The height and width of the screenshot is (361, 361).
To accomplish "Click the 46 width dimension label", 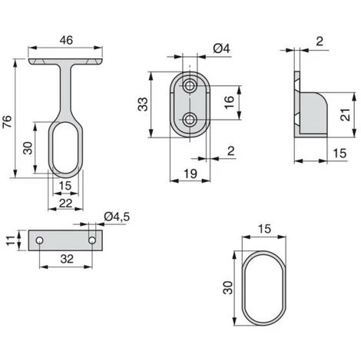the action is click(66, 40).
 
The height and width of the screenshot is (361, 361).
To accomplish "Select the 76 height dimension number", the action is click(7, 122).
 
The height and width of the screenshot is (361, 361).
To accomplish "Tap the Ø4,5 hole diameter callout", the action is click(117, 217).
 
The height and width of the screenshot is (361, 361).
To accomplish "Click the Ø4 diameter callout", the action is click(222, 48).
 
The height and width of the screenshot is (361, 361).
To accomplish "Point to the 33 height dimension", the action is click(143, 104).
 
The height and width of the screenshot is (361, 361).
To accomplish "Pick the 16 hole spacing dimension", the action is click(229, 102).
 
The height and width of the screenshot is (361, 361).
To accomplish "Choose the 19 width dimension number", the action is click(190, 174).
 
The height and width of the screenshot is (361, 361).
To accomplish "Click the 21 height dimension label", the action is click(346, 115).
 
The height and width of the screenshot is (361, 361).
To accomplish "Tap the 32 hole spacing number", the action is click(67, 259).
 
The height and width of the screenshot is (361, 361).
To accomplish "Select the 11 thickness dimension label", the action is click(11, 240).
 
